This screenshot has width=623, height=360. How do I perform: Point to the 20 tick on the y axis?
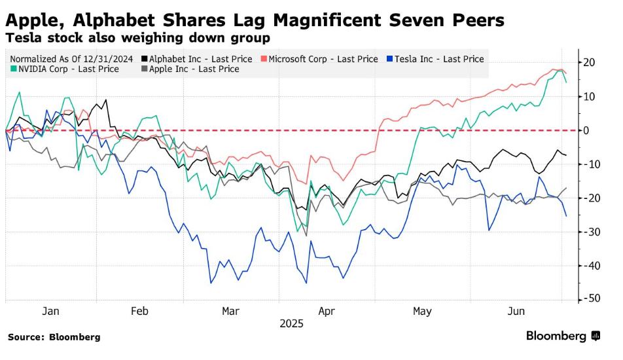(588, 63)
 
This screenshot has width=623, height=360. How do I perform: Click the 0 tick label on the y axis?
(588, 131)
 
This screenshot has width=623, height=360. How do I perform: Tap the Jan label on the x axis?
(50, 312)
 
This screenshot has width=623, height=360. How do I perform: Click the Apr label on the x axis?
(326, 312)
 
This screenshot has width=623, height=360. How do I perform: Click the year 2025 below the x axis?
(291, 324)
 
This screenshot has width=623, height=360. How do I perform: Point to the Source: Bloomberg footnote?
(54, 337)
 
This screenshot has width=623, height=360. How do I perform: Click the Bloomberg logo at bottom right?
(562, 336)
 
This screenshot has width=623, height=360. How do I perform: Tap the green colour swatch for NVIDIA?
(14, 69)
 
